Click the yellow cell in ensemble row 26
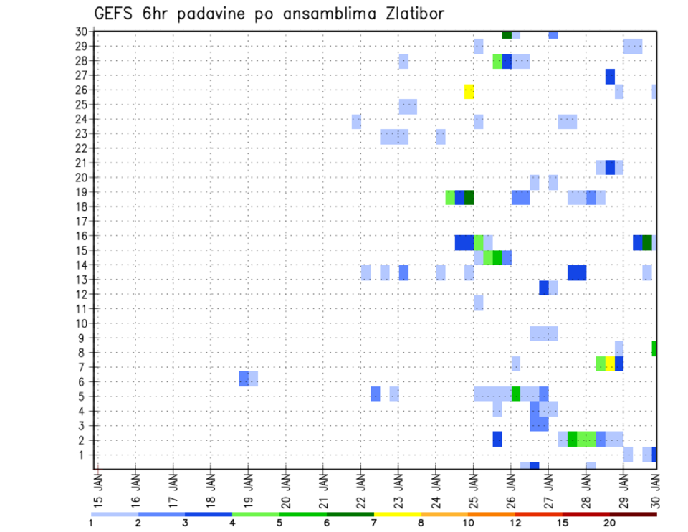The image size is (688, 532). click(x=469, y=91)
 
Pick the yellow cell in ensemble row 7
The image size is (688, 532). click(x=610, y=364)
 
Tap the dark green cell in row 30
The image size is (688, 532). click(x=507, y=34)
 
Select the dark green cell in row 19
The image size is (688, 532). click(x=469, y=197)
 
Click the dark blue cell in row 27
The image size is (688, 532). click(x=610, y=76)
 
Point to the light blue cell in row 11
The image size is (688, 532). click(x=478, y=303)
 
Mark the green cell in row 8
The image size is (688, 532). click(x=654, y=348)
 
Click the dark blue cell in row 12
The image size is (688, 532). click(x=544, y=288)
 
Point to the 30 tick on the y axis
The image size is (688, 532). click(x=81, y=32)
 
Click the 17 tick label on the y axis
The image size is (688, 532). click(x=81, y=222)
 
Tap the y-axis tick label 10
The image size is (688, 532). click(x=81, y=323)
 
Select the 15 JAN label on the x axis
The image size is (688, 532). click(x=98, y=488)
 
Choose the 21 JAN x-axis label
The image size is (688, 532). click(x=323, y=488)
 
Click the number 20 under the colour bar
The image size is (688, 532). click(x=610, y=523)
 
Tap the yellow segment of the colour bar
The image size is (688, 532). click(x=397, y=514)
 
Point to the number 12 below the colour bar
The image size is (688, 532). click(x=515, y=523)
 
